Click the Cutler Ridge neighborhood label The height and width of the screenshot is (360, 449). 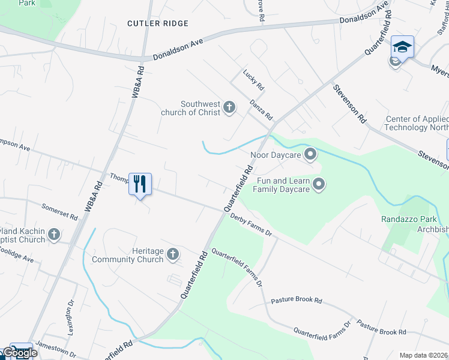pos(158,23)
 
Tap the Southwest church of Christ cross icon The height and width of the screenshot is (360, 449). pos(229,107)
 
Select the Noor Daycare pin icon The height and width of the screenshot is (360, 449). pos(310,155)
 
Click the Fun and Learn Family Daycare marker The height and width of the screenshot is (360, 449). pos(319,184)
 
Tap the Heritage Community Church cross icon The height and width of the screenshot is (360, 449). pos(173,254)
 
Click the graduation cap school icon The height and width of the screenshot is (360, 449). pos(402,46)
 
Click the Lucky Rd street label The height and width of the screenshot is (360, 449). pos(253,80)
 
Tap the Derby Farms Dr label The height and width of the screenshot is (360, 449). pos(250,226)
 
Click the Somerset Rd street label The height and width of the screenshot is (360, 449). pos(59,211)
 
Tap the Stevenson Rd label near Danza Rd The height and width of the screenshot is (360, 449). pos(350,104)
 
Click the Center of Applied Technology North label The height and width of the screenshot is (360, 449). pos(417,123)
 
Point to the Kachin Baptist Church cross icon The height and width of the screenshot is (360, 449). pos(54,234)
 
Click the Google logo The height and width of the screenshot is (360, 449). pos(20,353)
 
